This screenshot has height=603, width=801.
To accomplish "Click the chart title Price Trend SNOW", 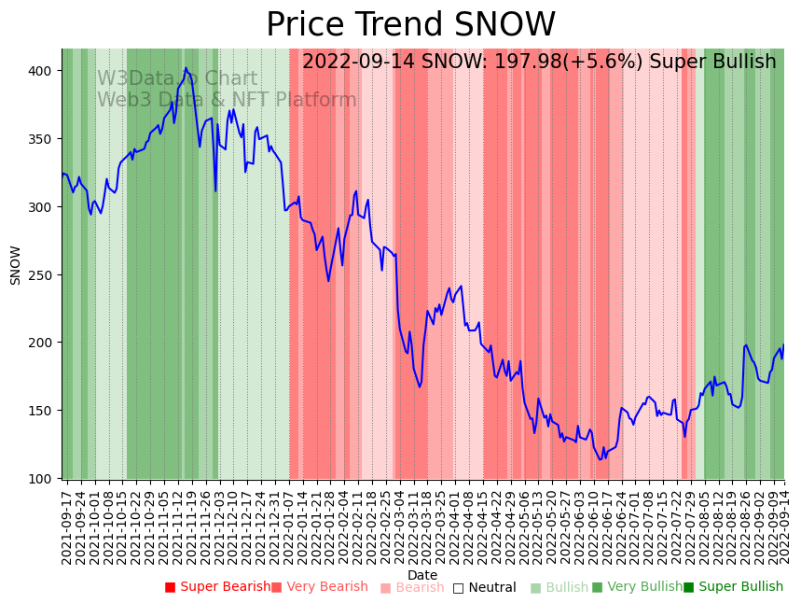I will click(x=410, y=25).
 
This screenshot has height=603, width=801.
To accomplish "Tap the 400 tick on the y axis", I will click(x=44, y=71).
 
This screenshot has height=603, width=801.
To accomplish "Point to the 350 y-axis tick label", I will click(x=44, y=139).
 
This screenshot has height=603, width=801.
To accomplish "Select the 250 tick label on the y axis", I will click(x=44, y=275).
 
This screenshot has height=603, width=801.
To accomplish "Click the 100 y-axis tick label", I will click(x=44, y=479).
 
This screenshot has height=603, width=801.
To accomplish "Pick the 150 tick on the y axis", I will click(x=44, y=411).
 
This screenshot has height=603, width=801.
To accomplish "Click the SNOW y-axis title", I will click(x=16, y=265).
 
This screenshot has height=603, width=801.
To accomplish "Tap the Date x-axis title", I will click(x=422, y=576).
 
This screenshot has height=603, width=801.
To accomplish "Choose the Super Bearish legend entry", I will click(x=217, y=587).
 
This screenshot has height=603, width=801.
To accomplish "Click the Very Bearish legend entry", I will click(x=320, y=587).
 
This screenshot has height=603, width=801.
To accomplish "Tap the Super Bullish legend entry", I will click(x=733, y=587).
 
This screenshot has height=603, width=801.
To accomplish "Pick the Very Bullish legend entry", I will click(x=637, y=587).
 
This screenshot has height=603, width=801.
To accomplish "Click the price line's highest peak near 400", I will click(x=186, y=68).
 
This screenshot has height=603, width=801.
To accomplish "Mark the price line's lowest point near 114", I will click(x=601, y=459).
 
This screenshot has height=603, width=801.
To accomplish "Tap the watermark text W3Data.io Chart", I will click(x=177, y=79).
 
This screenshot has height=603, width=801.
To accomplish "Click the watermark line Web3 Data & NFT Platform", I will click(x=227, y=101).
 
